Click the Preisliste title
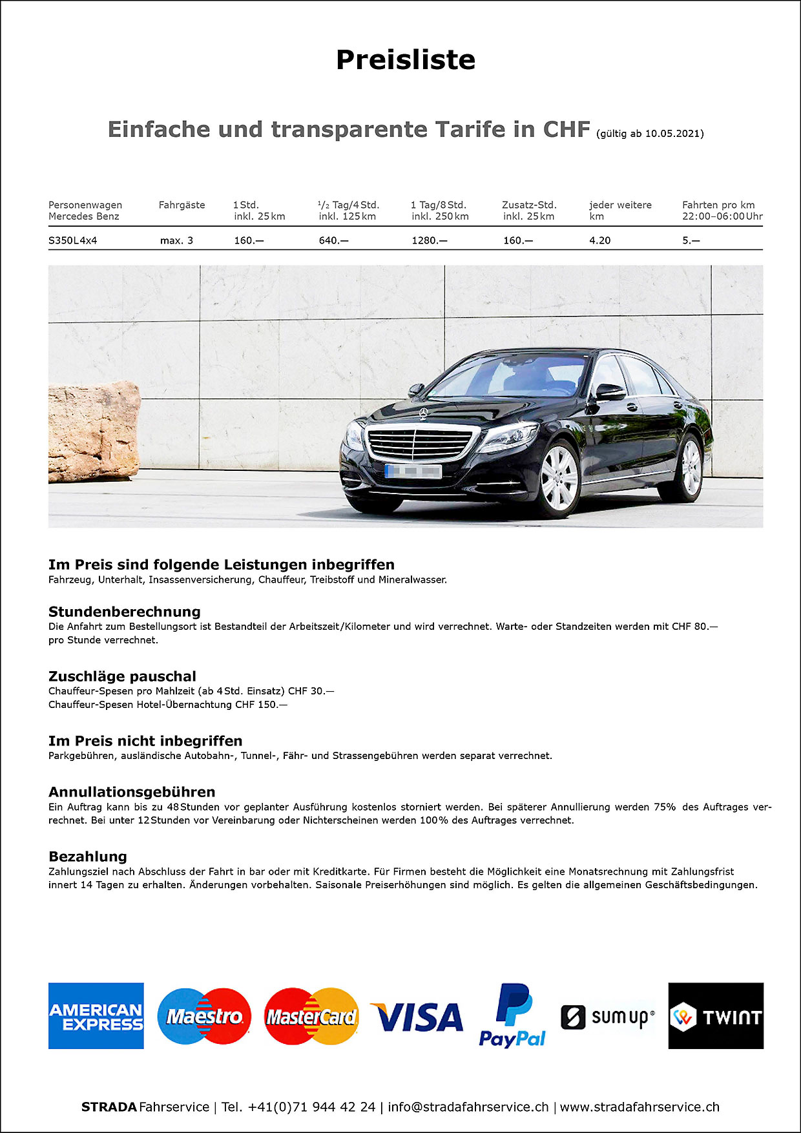406,59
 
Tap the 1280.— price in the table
429,240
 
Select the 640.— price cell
333,240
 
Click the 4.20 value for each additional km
599,240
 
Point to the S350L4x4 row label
72,240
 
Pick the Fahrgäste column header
182,205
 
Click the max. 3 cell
176,240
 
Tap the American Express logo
96,1016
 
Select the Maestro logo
204,1016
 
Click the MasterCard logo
311,1016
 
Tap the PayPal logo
512,1016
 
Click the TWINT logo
716,1016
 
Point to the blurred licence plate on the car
413,472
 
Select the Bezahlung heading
88,857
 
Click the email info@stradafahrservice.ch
468,1107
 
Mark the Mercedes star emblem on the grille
423,413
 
